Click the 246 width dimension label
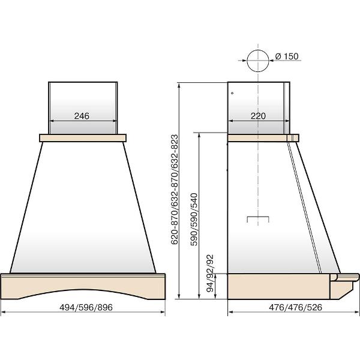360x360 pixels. (82, 116)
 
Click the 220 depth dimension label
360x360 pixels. (258, 116)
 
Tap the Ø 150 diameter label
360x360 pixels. (287, 56)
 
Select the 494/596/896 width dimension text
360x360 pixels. (86, 307)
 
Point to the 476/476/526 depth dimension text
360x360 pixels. (295, 307)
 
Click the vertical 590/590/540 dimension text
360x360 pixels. (194, 220)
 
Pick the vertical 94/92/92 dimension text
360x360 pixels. (210, 273)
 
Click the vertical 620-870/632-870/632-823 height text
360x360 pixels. (175, 190)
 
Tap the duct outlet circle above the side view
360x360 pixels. (258, 61)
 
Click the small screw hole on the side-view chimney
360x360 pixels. (232, 93)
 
